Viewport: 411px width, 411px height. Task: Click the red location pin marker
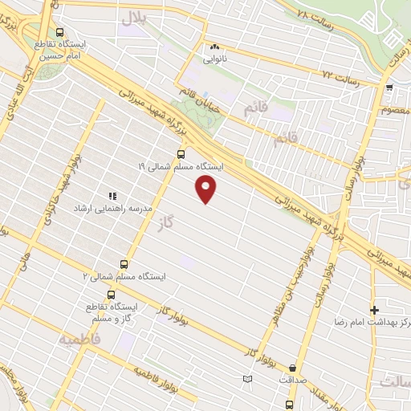tap(207, 189)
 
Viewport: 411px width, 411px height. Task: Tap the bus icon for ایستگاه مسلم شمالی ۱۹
tap(180, 153)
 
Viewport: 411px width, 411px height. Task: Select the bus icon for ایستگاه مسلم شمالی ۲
tap(124, 263)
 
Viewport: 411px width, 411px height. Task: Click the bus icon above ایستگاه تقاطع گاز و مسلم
tap(112, 294)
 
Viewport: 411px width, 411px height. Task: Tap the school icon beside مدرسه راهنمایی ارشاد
tap(112, 194)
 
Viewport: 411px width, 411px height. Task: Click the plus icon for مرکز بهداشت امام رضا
tap(374, 309)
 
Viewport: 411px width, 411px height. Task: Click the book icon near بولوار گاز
tap(247, 379)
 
